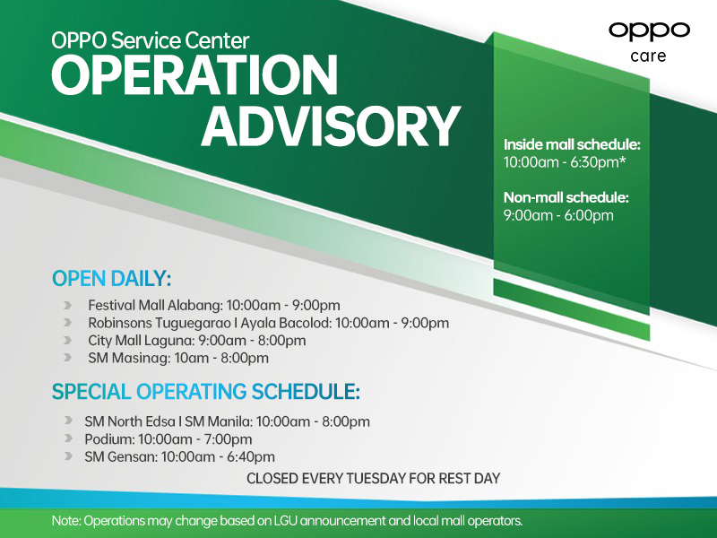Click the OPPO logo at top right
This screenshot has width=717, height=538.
tap(649, 30)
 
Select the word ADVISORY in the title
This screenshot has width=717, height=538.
tap(330, 126)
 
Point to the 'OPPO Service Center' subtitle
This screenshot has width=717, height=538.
tap(151, 39)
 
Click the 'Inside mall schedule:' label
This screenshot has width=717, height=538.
tap(571, 144)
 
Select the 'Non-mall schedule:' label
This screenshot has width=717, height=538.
tap(566, 196)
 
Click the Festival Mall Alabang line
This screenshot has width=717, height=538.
tap(213, 305)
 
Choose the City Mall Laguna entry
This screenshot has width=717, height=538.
tap(196, 341)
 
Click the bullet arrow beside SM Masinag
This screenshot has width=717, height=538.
tap(68, 359)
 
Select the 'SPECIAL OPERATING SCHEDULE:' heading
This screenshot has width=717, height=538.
tap(206, 392)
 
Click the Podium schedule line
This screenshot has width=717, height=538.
tap(168, 438)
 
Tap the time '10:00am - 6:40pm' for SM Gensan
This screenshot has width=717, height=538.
tap(215, 456)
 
